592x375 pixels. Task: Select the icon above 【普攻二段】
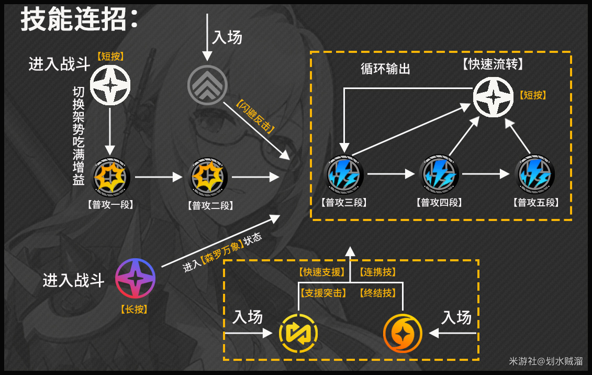point(207,178)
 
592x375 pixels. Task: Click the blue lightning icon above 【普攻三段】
point(345,174)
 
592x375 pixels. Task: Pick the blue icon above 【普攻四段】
point(439,174)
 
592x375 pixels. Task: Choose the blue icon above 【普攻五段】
point(534,174)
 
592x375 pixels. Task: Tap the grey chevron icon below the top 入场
point(207,84)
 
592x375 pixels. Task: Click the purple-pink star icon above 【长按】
point(135,278)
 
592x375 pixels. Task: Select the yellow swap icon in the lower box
point(298,333)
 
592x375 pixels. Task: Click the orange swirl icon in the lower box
point(402,333)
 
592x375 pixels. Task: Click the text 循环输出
point(385,69)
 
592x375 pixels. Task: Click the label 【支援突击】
point(322,293)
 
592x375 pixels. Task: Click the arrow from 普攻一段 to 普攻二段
point(158,178)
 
